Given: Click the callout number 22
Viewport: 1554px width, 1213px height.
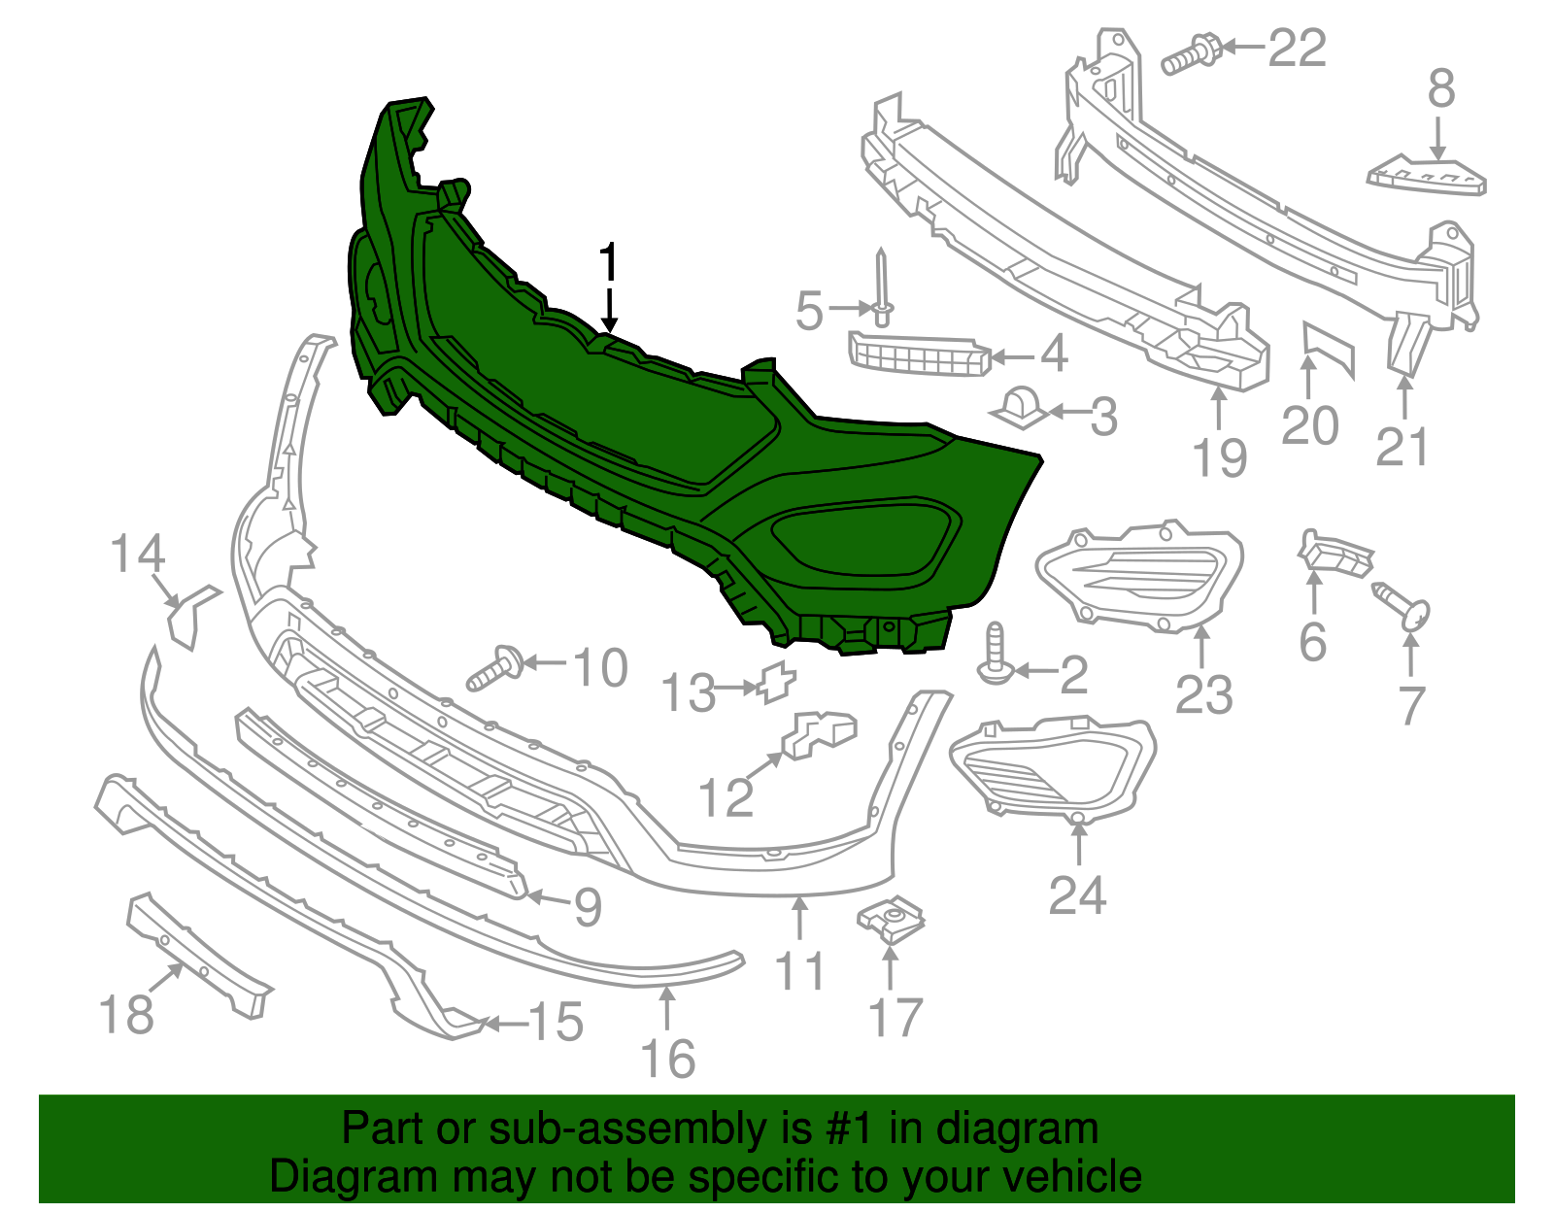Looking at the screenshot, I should (1298, 48).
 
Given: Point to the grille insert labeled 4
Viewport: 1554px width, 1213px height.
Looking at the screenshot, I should (918, 353).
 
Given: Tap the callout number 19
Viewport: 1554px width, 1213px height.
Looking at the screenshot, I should (1219, 457).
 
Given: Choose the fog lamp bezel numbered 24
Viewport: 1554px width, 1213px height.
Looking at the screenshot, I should (1051, 764).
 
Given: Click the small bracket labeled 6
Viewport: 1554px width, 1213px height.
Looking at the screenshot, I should (1335, 554).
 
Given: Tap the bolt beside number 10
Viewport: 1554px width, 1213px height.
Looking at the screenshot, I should (495, 668).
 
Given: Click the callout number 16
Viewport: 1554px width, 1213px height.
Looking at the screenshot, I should (668, 1058).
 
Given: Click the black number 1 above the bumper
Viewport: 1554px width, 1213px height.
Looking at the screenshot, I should (608, 264).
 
